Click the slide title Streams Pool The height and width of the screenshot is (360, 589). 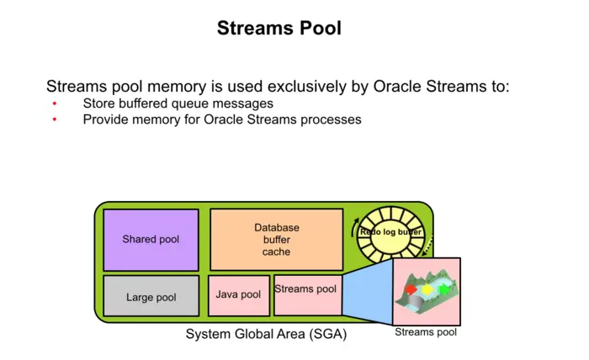pos(279,28)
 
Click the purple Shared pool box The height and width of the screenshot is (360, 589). pos(151,240)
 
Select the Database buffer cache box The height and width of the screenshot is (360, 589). pos(276,240)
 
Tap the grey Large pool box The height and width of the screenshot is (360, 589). pos(151,297)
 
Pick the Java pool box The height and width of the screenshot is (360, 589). pos(238,295)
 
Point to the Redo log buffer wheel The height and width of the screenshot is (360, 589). pos(390,232)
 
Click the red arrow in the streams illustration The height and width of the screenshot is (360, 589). pos(411,289)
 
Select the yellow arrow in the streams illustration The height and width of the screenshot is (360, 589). pos(427,289)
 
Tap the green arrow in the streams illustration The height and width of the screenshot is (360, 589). pos(443,290)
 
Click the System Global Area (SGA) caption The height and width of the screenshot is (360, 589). pos(266,335)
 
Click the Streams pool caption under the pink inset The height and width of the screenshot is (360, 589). pos(426,332)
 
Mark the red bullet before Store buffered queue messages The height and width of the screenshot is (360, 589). pos(55,104)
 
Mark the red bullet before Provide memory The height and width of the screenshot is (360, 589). pos(55,120)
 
